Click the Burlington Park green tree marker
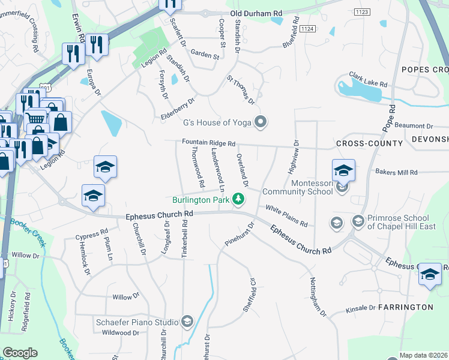tap(239, 199)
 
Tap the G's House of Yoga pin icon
tap(260, 123)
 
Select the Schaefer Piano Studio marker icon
tap(188, 322)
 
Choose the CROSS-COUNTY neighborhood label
tap(369, 143)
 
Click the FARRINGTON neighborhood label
tap(405, 307)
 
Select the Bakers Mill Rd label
tap(396, 172)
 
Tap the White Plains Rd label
tap(287, 216)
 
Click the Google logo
tap(20, 352)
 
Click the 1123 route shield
tap(362, 11)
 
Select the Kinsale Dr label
tap(361, 308)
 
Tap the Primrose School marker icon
tap(358, 223)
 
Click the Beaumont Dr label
tap(414, 126)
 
